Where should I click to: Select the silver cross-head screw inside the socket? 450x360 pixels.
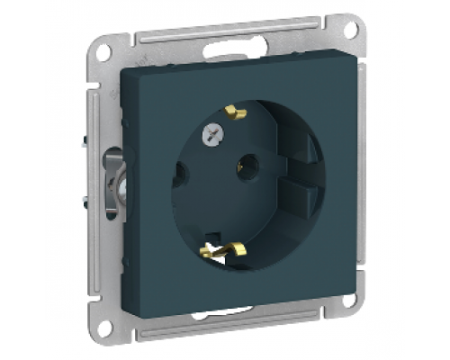click(x=215, y=132)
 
